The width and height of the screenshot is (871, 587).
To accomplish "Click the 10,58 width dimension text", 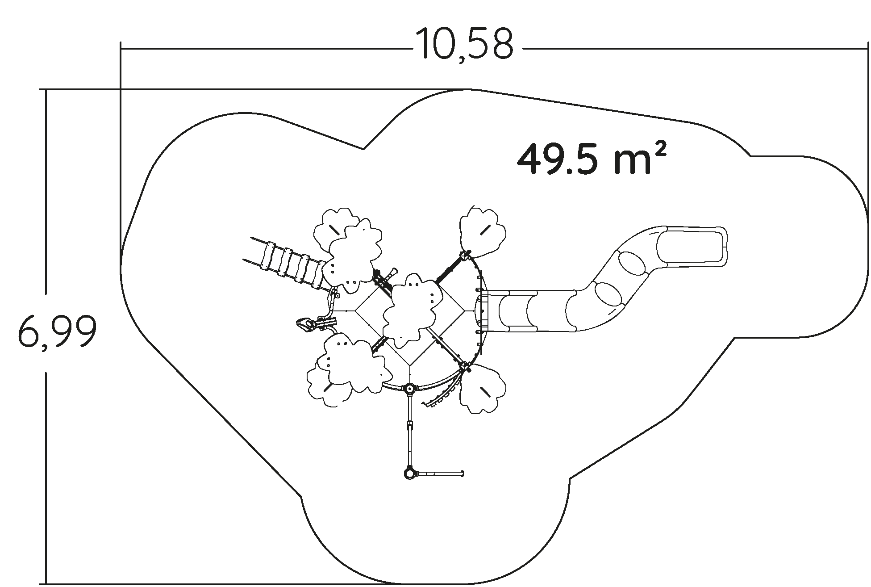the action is pos(464,44).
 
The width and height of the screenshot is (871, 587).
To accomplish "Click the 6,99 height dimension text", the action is pos(57,331).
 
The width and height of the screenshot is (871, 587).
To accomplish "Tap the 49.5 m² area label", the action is pos(592,159).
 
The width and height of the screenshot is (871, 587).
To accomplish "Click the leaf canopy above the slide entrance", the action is pos(483,232).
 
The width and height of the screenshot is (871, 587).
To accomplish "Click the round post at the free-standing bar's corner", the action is pos(409,473).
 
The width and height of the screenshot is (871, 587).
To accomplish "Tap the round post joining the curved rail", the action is pos(408,389).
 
